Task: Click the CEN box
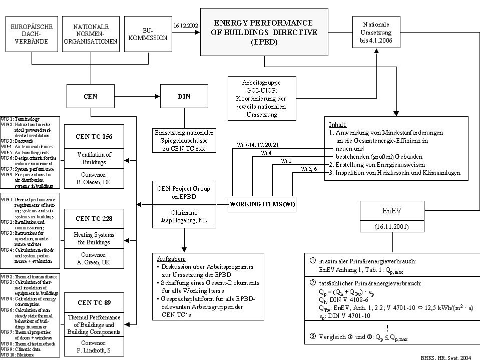point(91,96)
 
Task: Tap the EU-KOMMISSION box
point(147,35)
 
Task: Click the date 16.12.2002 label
point(186,25)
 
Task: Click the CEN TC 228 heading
point(94,218)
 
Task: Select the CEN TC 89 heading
point(94,302)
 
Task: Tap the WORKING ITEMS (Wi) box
point(262,204)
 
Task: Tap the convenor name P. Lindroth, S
point(94,350)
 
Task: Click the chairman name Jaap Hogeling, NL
point(184,220)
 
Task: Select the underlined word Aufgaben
point(171,259)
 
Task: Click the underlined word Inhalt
point(337,124)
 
